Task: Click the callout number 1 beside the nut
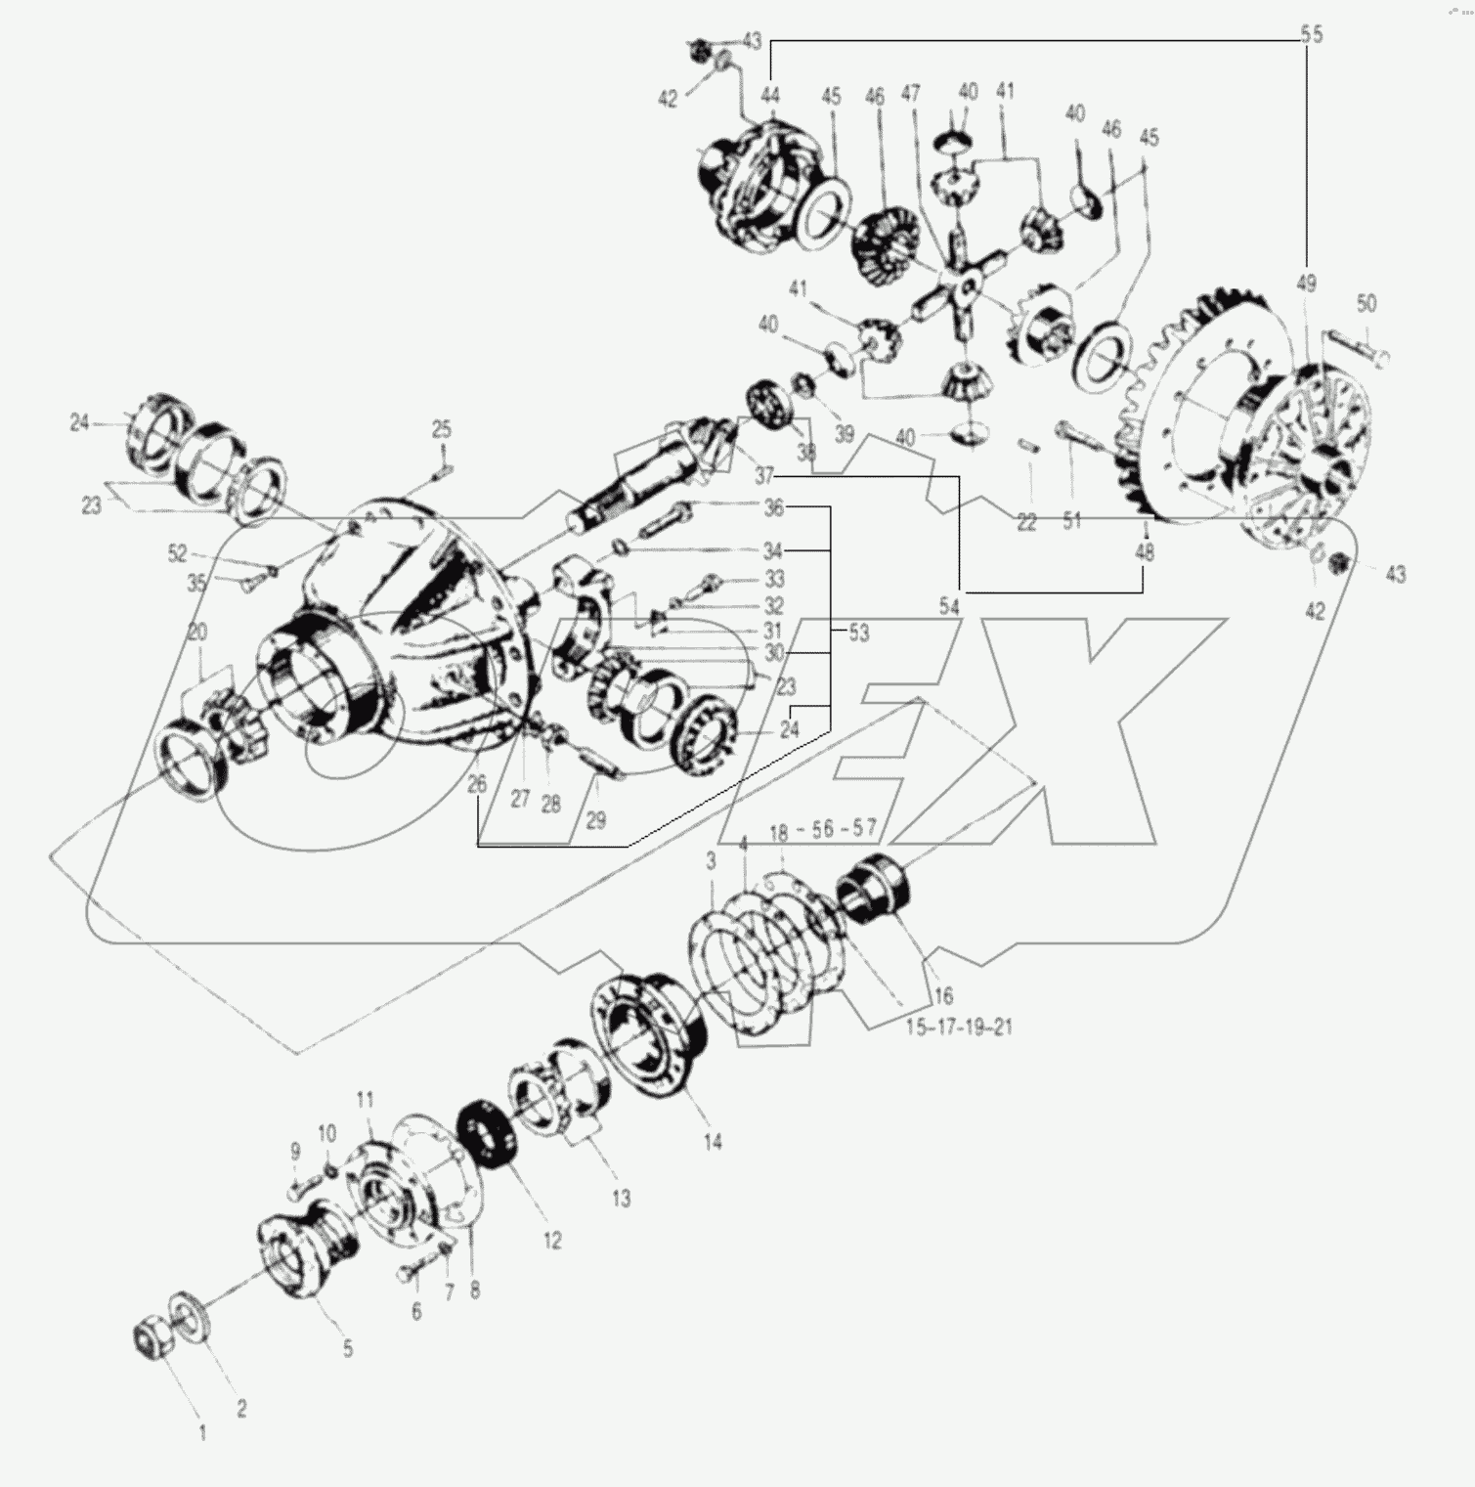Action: [202, 1433]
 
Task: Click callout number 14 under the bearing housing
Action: [713, 1141]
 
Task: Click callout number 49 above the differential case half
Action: [1307, 284]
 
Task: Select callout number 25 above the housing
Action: [442, 430]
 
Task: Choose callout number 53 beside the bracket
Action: [858, 633]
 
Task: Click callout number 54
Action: [948, 607]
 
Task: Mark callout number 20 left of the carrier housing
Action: [196, 633]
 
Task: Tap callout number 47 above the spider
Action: [910, 94]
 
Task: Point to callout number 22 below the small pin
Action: [1025, 523]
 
